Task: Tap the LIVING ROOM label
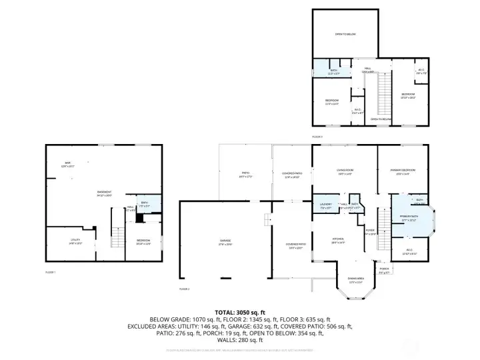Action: point(345,171)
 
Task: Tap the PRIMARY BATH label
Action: point(408,217)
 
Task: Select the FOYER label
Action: point(370,230)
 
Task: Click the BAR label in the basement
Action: point(67,163)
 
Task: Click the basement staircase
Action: point(117,236)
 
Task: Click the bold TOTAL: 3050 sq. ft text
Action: point(240,312)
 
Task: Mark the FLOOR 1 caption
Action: point(51,272)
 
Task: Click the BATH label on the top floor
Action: point(333,69)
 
